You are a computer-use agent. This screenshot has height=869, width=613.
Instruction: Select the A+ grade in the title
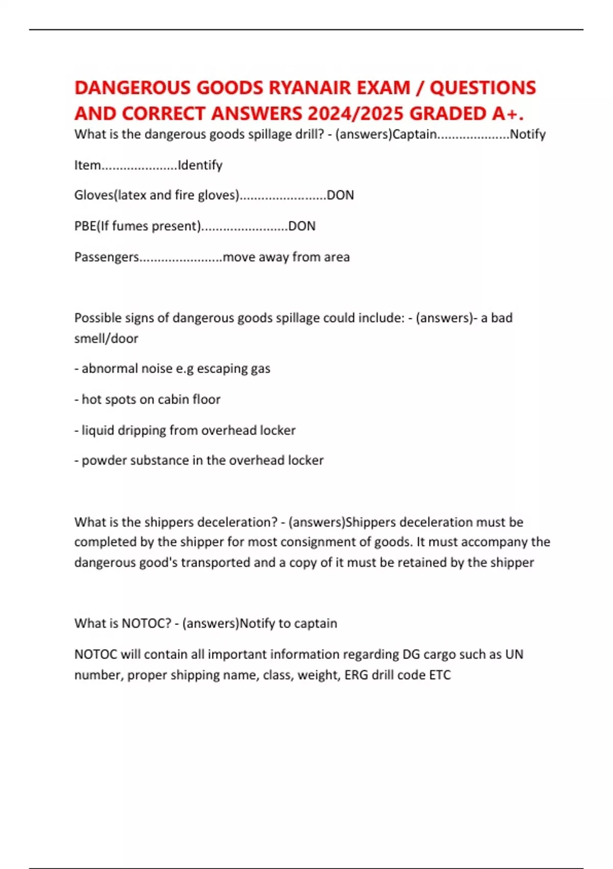507,113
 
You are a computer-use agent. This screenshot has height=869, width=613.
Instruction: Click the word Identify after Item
200,165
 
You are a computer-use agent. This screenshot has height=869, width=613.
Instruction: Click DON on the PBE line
302,226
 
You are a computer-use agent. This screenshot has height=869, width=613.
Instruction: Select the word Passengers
106,257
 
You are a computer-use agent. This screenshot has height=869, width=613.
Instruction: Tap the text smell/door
106,338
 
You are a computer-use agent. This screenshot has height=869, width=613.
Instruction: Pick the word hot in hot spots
91,399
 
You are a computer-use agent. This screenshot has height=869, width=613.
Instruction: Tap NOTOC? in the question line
147,623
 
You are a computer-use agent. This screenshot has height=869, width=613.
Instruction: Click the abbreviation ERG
357,675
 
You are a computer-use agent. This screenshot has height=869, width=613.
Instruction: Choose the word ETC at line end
440,675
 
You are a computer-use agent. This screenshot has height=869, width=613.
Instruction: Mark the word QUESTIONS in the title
483,88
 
